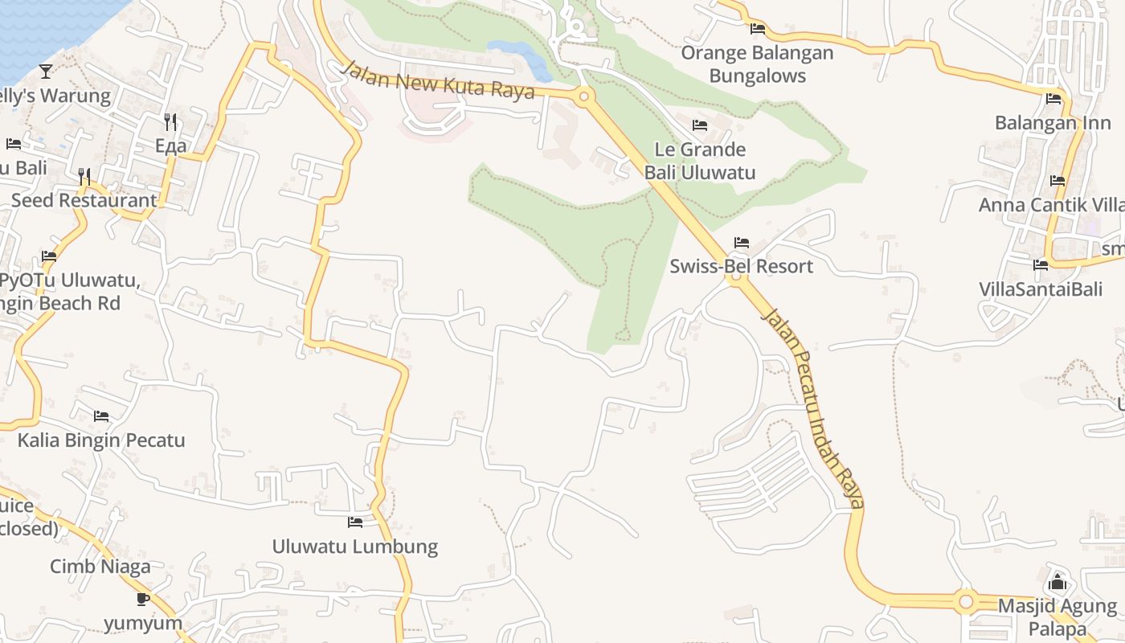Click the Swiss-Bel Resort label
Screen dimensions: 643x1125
coord(741,266)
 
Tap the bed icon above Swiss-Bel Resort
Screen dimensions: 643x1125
coord(741,243)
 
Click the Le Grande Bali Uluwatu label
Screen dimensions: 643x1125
coord(700,161)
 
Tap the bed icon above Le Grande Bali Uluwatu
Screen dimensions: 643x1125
coord(700,125)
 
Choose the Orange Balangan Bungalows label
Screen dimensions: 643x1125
coord(757,64)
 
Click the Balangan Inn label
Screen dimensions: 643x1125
coord(1053,123)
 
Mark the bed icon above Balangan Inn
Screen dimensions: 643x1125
coord(1053,100)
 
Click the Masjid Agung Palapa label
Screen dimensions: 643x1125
coord(1057,616)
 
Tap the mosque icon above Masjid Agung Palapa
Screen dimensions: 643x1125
coord(1057,582)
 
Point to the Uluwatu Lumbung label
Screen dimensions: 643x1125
coord(354,547)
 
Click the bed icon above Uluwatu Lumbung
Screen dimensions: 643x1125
coord(354,522)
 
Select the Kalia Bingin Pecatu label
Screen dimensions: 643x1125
coord(101,440)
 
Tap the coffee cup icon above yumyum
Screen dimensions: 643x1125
coord(143,599)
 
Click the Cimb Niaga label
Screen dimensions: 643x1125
coord(100,567)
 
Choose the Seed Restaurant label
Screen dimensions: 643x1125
coord(84,200)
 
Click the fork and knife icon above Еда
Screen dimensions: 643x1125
coord(170,122)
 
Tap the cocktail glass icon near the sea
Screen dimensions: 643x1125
coord(46,72)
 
